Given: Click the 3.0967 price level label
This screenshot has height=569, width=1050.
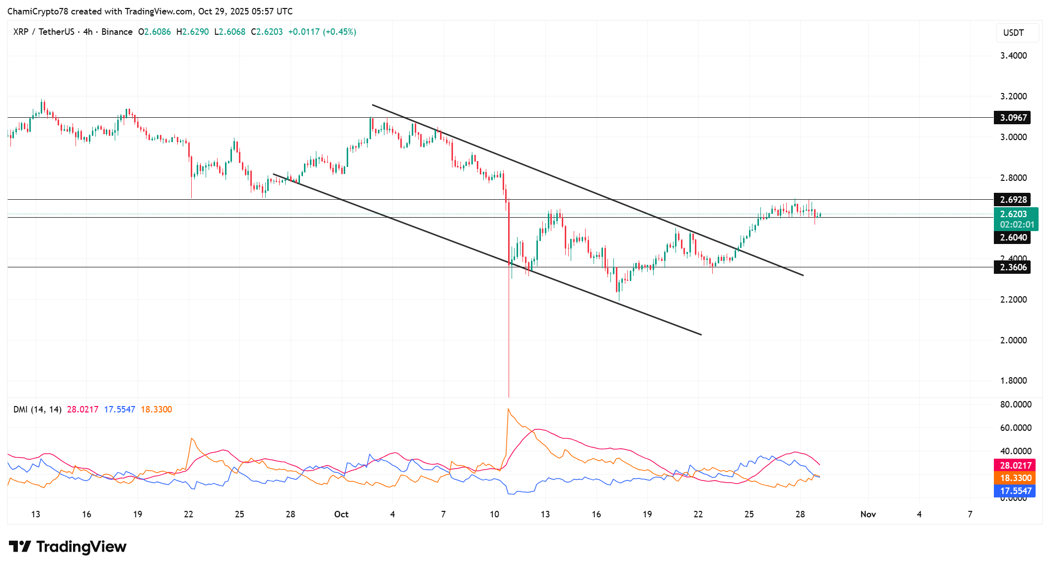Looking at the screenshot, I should click(x=1013, y=118).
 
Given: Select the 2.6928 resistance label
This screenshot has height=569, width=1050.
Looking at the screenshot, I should click(x=1013, y=200).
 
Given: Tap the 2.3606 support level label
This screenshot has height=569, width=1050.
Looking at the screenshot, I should click(x=1013, y=267).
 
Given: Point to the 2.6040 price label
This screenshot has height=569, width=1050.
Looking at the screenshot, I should click(x=1013, y=238).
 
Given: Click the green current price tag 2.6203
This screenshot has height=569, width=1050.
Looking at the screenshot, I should click(x=1016, y=214).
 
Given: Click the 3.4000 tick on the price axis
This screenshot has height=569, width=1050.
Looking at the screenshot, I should click(x=1013, y=56).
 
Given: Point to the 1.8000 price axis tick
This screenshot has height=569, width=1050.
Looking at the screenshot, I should click(x=1013, y=381).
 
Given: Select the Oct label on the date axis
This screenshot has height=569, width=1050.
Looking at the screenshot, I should click(x=341, y=514).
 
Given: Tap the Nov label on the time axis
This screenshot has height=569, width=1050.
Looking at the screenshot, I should click(x=868, y=514).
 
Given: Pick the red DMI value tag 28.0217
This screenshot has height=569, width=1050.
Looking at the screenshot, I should click(x=1016, y=466).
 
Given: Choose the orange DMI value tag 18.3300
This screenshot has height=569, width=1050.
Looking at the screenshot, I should click(x=1016, y=478).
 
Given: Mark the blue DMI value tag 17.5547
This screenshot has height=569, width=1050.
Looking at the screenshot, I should click(x=1016, y=491).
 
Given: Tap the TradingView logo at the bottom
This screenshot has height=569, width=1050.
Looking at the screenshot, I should click(x=68, y=547).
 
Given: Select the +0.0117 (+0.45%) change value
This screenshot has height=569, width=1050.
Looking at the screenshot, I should click(x=322, y=32).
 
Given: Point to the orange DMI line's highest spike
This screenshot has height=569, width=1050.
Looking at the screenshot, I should click(x=508, y=409).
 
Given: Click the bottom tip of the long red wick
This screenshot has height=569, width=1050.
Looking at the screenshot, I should click(x=509, y=397).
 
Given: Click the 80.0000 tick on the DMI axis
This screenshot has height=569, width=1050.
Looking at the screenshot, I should click(x=1016, y=405).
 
